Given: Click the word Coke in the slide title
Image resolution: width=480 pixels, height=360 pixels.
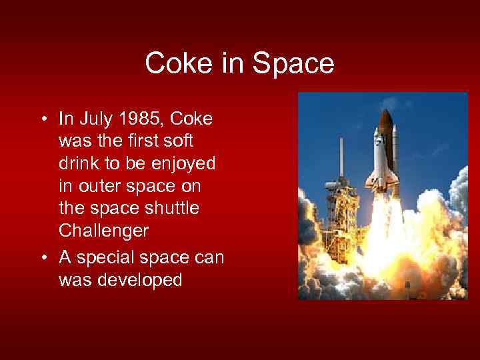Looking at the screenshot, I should point(175,64).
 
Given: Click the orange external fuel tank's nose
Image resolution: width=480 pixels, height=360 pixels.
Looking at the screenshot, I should point(385,116).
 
